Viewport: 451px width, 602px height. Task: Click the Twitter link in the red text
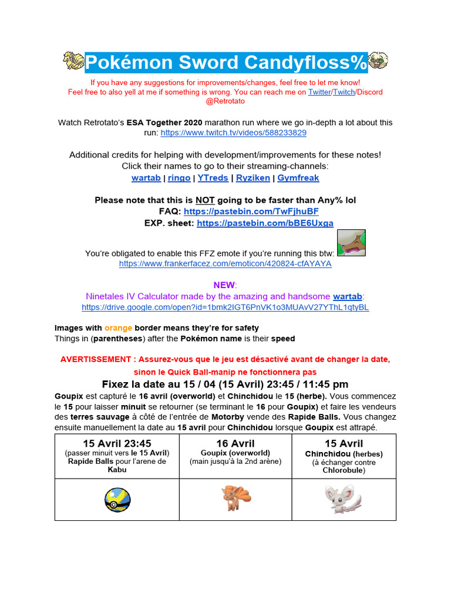[x=319, y=92]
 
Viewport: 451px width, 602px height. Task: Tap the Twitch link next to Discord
[x=344, y=92]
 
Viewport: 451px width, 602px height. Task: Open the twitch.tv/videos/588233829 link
[x=233, y=133]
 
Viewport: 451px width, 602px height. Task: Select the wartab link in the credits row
[x=146, y=178]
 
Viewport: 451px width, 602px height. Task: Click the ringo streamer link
[x=179, y=178]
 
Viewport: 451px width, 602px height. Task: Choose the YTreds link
[x=213, y=178]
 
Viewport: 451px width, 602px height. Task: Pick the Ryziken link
[x=253, y=178]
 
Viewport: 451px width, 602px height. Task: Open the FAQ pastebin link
[x=251, y=211]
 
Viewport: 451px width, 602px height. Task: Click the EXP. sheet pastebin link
[x=265, y=223]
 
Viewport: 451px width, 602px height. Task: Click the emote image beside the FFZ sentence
[x=351, y=243]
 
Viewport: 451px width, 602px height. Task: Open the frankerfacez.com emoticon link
[x=225, y=264]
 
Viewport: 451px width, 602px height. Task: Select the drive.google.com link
[x=225, y=307]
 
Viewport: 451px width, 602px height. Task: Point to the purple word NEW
[x=224, y=285]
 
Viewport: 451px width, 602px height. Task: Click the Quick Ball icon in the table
[x=117, y=500]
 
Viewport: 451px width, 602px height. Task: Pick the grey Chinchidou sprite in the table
[x=344, y=499]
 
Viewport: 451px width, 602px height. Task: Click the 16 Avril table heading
[x=235, y=444]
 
